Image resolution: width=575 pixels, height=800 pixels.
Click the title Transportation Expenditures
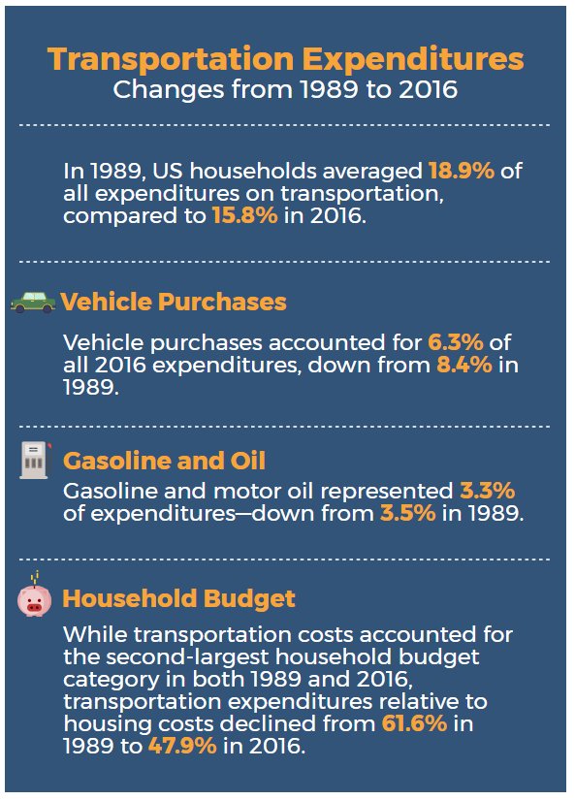coord(285,59)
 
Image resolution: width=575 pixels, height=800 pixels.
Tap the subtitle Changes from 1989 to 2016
coord(285,90)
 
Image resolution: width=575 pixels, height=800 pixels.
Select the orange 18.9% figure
coord(462,171)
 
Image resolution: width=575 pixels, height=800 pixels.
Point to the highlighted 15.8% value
coord(245,215)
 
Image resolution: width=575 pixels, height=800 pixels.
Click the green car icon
coord(33,302)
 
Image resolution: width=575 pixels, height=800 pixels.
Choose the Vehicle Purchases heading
coord(174,302)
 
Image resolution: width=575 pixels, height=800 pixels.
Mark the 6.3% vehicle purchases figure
coord(455,342)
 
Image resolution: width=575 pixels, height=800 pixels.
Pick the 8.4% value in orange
coord(464,365)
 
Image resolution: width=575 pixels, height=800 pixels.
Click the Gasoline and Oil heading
coord(164,461)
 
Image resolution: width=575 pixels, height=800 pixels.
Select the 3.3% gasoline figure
coord(487,491)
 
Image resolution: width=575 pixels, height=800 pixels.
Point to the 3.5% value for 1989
coord(408,513)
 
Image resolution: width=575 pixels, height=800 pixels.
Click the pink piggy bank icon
coord(34,600)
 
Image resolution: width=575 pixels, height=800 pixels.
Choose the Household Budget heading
coord(178,599)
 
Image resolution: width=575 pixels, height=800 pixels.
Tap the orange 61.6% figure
coord(414,723)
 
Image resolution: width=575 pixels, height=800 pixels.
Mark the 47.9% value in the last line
coord(182,746)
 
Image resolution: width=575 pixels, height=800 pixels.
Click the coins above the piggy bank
coord(35,578)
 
